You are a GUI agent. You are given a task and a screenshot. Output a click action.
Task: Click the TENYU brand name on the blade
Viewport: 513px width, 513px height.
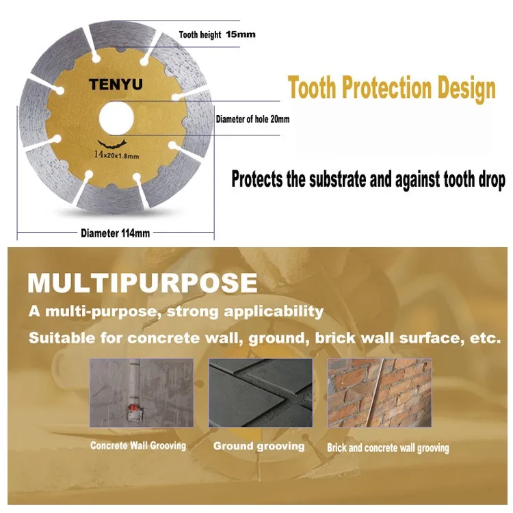(x=116, y=84)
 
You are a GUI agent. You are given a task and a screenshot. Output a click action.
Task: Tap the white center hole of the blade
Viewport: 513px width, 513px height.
(x=116, y=118)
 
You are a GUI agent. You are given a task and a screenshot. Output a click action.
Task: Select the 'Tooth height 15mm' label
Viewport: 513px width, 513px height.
(x=217, y=35)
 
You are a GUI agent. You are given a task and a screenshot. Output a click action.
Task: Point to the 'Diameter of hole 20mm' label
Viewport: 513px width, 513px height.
(x=252, y=119)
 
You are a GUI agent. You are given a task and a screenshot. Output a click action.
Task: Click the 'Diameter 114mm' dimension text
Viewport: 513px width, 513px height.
(x=115, y=233)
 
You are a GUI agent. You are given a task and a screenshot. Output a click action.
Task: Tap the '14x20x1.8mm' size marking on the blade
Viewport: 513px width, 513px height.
(x=116, y=155)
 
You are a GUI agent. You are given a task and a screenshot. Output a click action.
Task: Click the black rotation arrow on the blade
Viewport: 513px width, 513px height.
(x=112, y=144)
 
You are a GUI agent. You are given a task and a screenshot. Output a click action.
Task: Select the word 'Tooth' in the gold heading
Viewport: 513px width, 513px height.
(x=312, y=88)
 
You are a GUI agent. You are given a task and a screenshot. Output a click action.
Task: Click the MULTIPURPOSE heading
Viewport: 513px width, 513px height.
(x=143, y=283)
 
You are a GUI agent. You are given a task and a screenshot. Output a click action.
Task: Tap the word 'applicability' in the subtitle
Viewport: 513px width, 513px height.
(x=274, y=311)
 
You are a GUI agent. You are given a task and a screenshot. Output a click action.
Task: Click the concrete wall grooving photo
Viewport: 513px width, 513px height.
(x=142, y=393)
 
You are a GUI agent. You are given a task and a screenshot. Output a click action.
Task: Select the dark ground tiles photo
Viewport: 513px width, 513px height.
(x=261, y=393)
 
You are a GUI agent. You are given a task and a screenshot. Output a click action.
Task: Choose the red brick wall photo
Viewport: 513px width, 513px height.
(x=380, y=393)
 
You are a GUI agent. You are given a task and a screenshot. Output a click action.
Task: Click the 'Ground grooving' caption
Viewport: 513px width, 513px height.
(x=259, y=446)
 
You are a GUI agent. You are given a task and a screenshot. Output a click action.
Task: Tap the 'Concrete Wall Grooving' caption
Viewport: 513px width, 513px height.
(x=138, y=445)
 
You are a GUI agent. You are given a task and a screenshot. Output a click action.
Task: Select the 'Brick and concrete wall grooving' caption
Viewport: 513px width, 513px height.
(x=388, y=448)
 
